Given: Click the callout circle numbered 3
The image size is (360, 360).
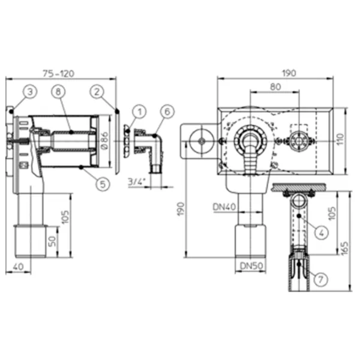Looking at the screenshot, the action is point(30,92).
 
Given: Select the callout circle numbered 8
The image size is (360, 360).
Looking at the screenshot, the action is point(58,92).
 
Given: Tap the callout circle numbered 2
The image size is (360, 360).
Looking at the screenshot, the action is point(97,92).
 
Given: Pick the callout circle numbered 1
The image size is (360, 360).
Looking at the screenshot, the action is point(139,112).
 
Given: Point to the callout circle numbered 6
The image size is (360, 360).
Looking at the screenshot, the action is point(167,112).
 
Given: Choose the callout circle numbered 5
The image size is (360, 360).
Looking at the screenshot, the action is point(103,184).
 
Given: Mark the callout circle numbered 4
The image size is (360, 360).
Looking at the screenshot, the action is point(322,233).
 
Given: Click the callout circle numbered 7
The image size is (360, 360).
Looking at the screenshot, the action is point(320,280).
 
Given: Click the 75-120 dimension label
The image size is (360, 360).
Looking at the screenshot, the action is point(59,74).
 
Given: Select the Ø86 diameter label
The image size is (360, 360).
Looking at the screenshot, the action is point(104,140).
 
